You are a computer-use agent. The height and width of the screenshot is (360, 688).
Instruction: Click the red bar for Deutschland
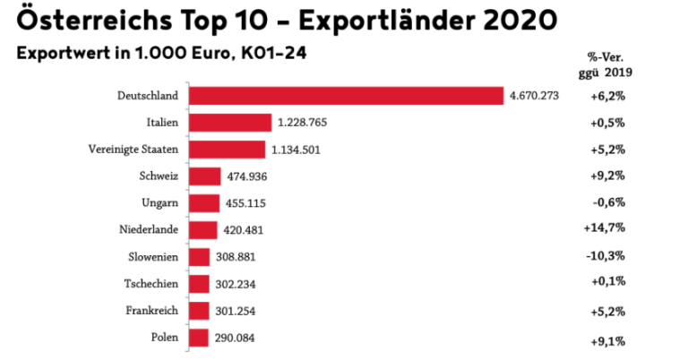click(348, 96)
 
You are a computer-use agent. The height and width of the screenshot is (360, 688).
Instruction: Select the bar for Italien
click(231, 123)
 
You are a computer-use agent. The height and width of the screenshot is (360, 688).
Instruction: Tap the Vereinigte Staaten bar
click(228, 150)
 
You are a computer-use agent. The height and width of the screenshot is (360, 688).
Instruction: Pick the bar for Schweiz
click(205, 176)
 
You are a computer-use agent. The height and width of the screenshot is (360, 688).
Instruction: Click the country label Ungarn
click(160, 203)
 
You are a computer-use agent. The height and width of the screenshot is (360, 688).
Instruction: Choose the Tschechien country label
click(152, 284)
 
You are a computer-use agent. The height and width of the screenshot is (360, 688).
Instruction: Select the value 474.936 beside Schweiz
click(246, 176)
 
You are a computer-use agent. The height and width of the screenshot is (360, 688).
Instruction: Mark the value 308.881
click(241, 257)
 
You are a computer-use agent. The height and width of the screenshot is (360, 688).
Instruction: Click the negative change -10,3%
click(605, 256)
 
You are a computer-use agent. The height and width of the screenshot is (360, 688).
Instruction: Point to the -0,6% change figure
click(607, 202)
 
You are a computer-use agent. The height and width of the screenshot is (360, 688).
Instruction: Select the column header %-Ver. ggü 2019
click(602, 65)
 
